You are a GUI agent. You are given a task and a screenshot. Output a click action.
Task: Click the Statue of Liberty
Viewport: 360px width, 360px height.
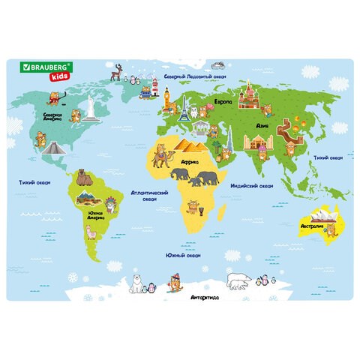(x=90, y=107)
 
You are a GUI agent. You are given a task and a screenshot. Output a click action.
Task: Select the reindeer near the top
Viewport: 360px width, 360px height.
(x=115, y=73)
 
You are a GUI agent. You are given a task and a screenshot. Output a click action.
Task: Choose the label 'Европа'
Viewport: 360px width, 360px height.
(x=223, y=100)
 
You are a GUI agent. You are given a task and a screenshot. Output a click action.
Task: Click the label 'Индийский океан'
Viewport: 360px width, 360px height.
(x=244, y=184)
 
